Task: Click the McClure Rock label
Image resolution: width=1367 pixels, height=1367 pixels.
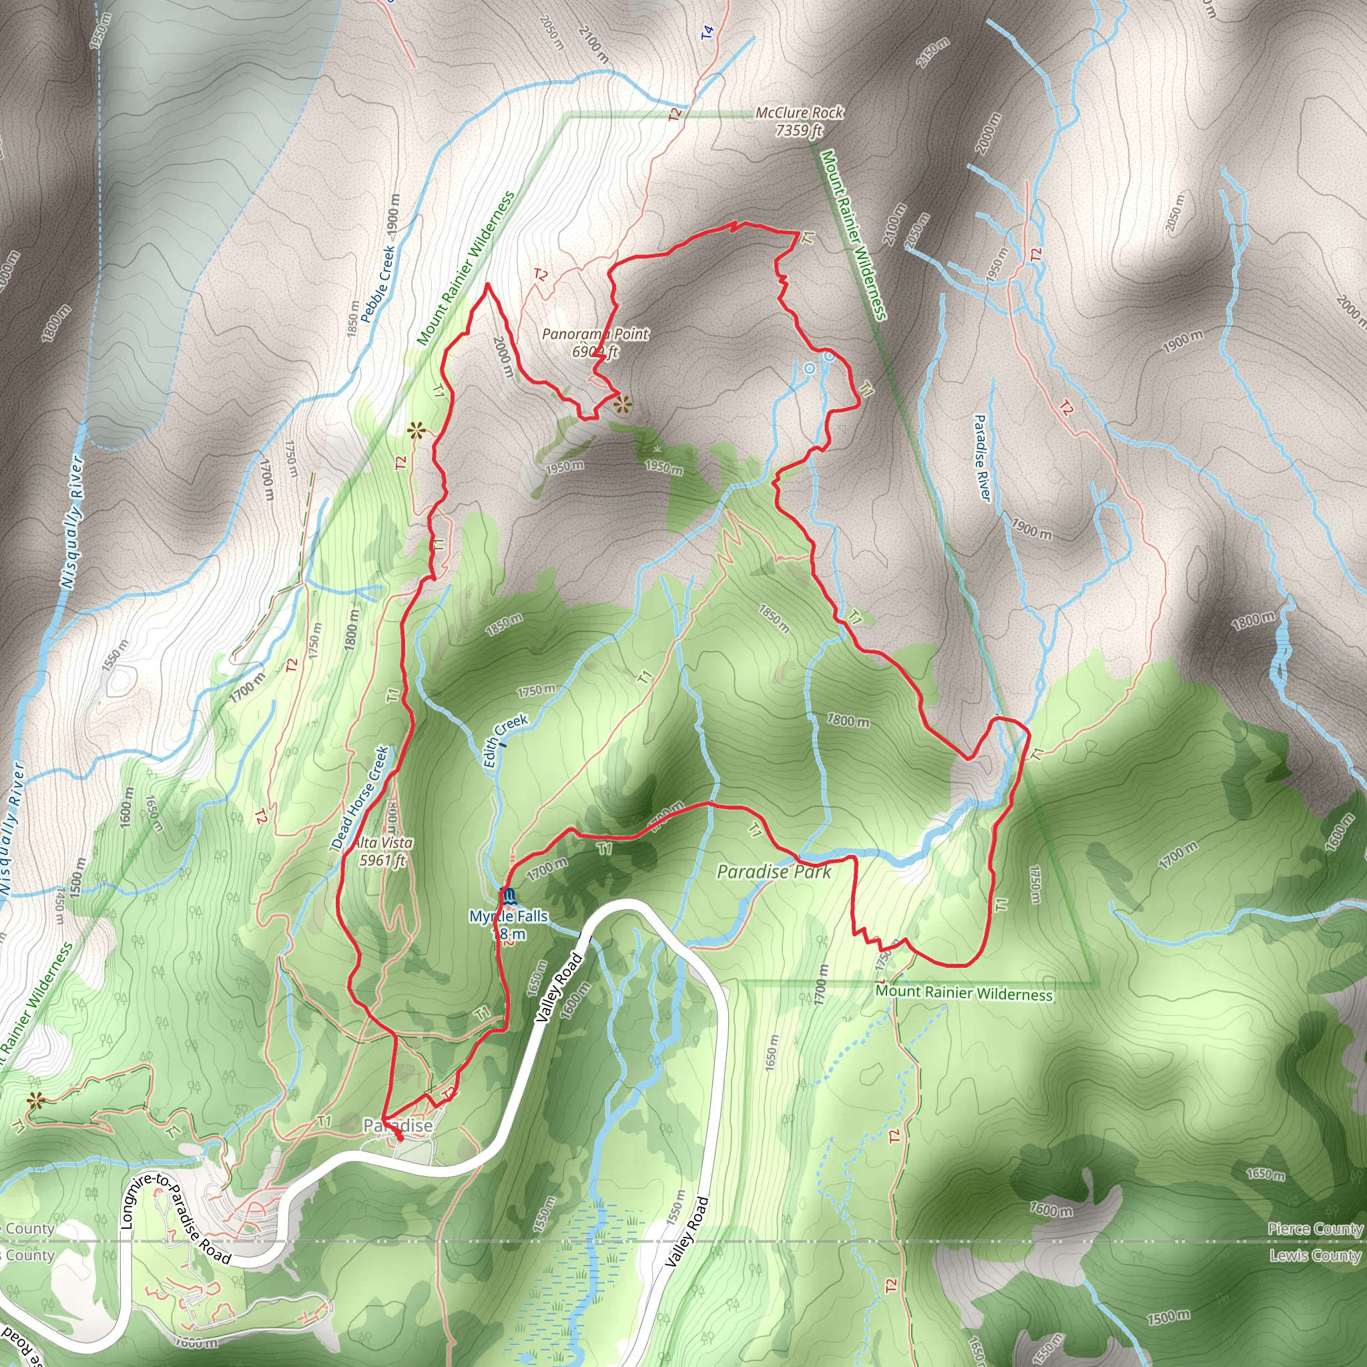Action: (x=799, y=113)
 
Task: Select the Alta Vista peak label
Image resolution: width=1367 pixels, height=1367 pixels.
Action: (x=384, y=843)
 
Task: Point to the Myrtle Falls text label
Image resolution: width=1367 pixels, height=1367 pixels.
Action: (x=509, y=916)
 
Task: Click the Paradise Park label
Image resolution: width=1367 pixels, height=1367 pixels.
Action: (x=774, y=872)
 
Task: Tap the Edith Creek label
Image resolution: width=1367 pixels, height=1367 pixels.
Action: (x=505, y=740)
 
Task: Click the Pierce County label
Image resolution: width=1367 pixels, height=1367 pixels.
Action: (x=1315, y=1229)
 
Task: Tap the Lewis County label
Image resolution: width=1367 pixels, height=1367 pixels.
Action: (x=1315, y=1256)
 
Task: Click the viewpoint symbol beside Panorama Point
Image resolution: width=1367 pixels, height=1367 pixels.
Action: (x=622, y=405)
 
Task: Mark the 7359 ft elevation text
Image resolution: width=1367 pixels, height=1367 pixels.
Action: (x=799, y=130)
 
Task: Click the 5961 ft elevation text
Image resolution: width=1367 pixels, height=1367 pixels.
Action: (x=382, y=860)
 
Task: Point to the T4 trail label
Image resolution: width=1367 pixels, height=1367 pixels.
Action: (x=707, y=33)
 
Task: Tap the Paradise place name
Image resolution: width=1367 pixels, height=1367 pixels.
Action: (x=398, y=1125)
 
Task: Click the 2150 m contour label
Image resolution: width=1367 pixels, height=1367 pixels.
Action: (x=932, y=53)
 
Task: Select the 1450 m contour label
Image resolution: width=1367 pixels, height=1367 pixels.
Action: (x=59, y=906)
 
